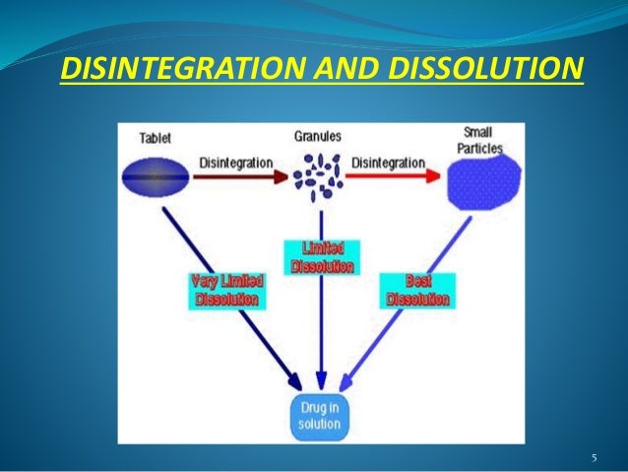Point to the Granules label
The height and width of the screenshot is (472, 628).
(317, 136)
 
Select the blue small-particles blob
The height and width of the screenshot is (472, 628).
(482, 183)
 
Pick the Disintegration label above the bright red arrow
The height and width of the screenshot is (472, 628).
(389, 162)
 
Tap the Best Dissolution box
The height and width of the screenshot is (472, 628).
(415, 290)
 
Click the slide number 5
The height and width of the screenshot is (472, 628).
(594, 457)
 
